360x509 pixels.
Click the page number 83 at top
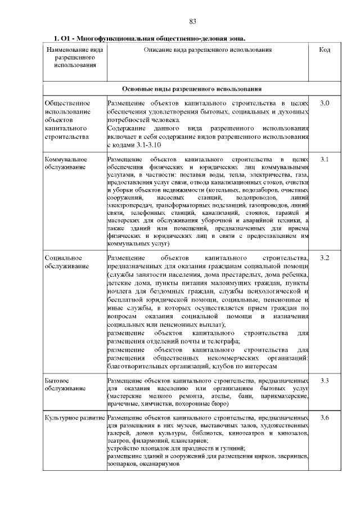(x=192, y=21)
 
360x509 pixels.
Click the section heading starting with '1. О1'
(x=149, y=39)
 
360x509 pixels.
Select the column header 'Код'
(x=324, y=50)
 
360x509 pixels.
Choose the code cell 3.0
(x=324, y=104)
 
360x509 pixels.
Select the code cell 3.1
(x=324, y=160)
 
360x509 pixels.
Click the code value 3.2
(x=324, y=258)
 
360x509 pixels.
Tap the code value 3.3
(x=324, y=381)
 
